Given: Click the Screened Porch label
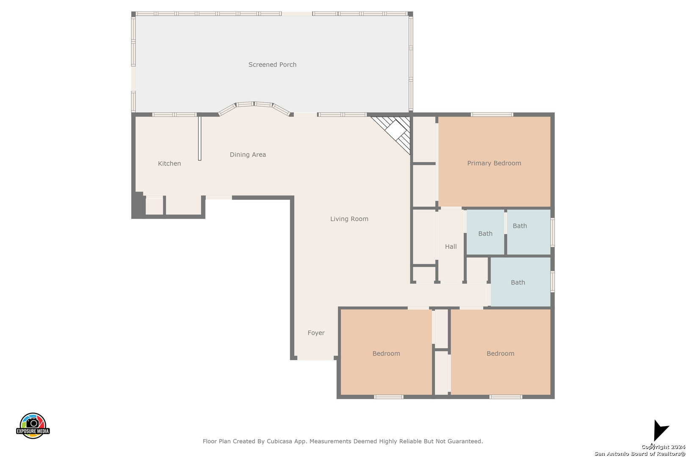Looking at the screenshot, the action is point(272,65).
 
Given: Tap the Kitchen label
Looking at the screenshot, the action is point(169,163).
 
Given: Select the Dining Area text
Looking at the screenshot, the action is point(248,154).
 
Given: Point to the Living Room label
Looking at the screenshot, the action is point(349,219).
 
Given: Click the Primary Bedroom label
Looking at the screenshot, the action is point(494,163).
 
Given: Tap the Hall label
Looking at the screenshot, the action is point(451,246).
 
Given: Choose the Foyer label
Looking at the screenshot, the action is point(316,333).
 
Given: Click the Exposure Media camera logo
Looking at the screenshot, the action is point(33,425).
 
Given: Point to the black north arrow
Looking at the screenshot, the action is point(660,430).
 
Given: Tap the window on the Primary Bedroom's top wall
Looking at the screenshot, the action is point(492,115).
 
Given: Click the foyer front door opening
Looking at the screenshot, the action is point(315,358).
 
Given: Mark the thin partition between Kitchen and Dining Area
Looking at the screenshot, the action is point(200,138).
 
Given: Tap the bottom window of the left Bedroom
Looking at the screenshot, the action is point(388,397).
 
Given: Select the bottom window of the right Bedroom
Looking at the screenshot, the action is point(506,397).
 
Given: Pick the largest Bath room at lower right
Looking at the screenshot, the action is point(520,282).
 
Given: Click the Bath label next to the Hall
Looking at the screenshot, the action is point(485,234).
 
